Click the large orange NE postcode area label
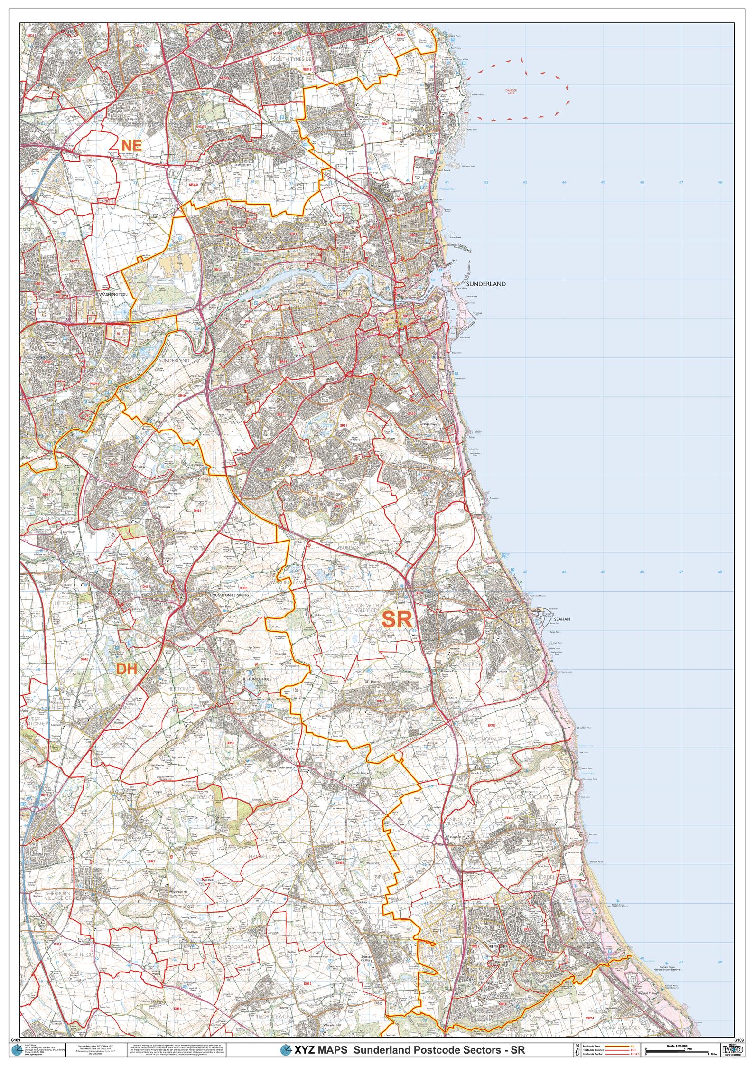click(131, 146)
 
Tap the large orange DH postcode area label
click(127, 669)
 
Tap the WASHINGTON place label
click(113, 295)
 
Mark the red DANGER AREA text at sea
click(511, 92)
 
